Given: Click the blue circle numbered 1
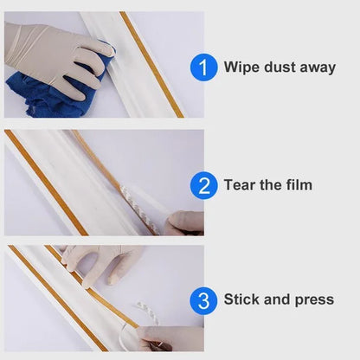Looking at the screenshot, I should (203, 67).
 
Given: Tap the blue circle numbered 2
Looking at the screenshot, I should (203, 185).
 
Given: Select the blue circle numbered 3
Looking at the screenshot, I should (203, 300).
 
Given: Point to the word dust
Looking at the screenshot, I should (278, 67).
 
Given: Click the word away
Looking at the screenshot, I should (317, 67).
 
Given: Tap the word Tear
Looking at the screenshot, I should (241, 184).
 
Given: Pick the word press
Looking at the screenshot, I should (313, 300).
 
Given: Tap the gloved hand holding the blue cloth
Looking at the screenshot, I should (56, 52).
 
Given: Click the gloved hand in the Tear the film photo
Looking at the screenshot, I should (184, 222).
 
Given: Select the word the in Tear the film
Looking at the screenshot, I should (269, 184).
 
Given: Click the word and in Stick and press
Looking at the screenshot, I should (278, 299).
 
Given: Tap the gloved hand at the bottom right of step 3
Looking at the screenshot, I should (173, 337).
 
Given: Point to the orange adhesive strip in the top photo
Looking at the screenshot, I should (151, 65).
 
